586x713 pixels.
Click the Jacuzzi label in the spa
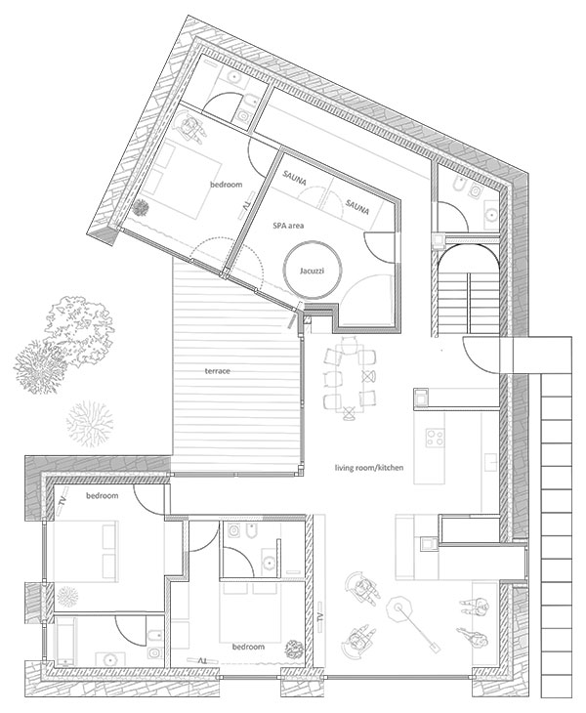[x=312, y=271]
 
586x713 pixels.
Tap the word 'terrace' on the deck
[x=217, y=371]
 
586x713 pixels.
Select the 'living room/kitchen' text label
[x=369, y=468]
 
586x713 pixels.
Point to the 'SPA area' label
[x=288, y=226]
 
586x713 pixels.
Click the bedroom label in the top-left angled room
[x=226, y=185]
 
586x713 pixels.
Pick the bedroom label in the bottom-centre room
[x=248, y=647]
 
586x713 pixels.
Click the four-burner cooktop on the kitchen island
[x=435, y=438]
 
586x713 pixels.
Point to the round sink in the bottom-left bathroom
[x=109, y=659]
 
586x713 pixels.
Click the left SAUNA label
[x=294, y=178]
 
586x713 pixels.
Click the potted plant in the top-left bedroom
[x=141, y=208]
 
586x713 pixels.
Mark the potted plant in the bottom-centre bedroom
[x=293, y=649]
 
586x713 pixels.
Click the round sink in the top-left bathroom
[x=234, y=77]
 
